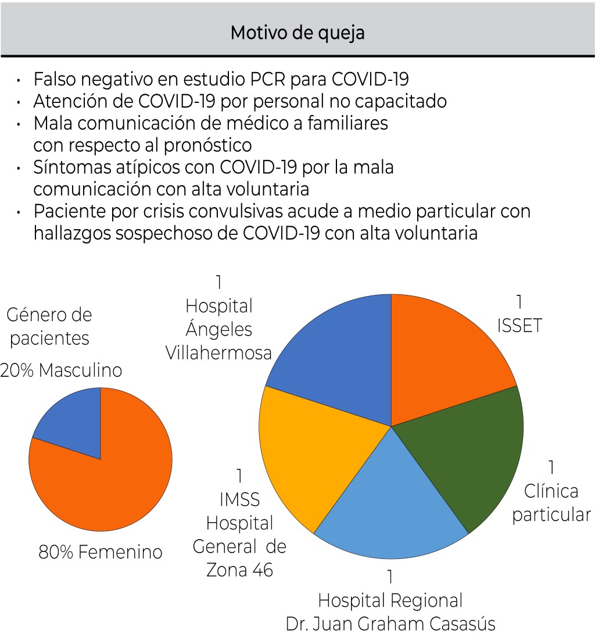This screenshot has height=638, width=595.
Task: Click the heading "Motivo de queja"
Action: [297, 33]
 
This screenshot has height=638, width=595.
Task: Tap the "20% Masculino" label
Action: [61, 370]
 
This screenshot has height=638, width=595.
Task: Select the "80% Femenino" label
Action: [100, 551]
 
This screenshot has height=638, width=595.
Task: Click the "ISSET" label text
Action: [519, 326]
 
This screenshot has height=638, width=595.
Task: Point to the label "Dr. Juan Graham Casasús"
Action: [390, 624]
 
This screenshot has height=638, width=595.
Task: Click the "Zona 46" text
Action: [239, 570]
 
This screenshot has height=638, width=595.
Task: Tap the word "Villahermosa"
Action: [218, 352]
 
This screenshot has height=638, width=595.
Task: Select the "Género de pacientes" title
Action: [49, 327]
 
